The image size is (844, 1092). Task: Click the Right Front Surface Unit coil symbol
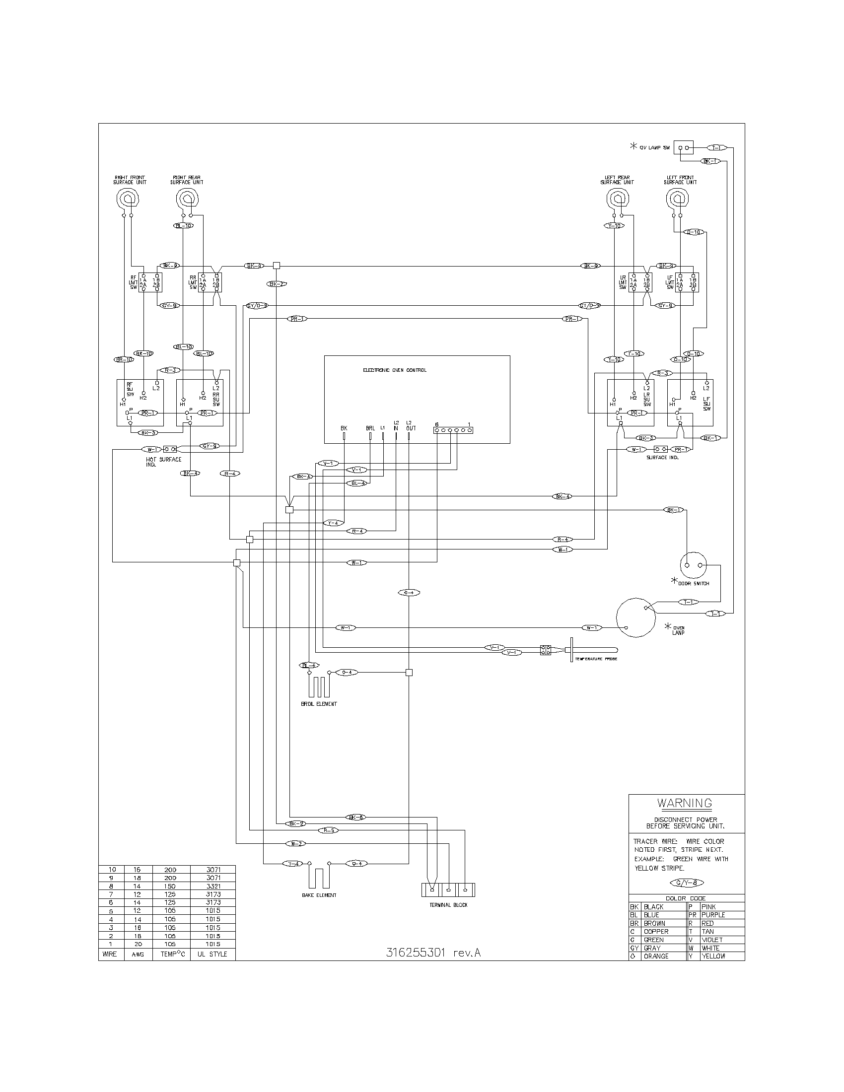tap(128, 200)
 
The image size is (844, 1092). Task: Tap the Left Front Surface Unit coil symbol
tap(678, 200)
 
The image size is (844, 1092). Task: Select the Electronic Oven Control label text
tap(395, 370)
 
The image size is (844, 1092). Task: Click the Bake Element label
tap(319, 895)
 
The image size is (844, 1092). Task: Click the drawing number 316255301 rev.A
tap(433, 953)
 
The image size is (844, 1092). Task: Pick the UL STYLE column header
tap(212, 954)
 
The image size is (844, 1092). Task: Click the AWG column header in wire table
tap(138, 954)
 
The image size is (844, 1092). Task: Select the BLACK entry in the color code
tap(653, 906)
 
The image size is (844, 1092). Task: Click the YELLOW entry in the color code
tap(713, 956)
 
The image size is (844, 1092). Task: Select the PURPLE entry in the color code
tap(713, 914)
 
